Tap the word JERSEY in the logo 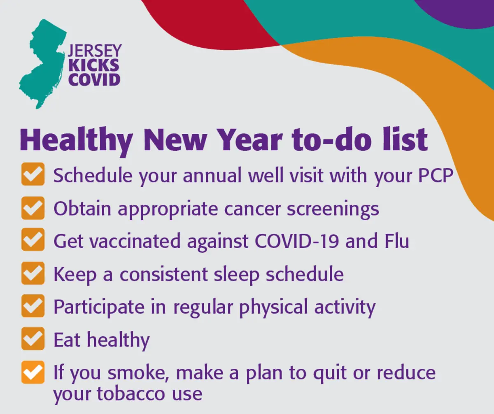tap(95, 50)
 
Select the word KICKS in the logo tap(94, 65)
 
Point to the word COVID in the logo tap(94, 79)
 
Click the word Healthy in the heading tap(76, 140)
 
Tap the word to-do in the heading tap(331, 140)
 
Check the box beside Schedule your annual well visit tap(33, 174)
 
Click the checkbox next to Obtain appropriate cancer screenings tap(33, 208)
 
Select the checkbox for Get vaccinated tap(33, 239)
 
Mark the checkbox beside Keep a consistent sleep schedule tap(33, 273)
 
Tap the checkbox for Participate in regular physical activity tap(33, 306)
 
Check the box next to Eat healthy tap(33, 338)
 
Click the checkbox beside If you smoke tap(33, 372)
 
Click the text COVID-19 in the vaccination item tap(296, 241)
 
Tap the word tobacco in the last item tap(130, 394)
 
